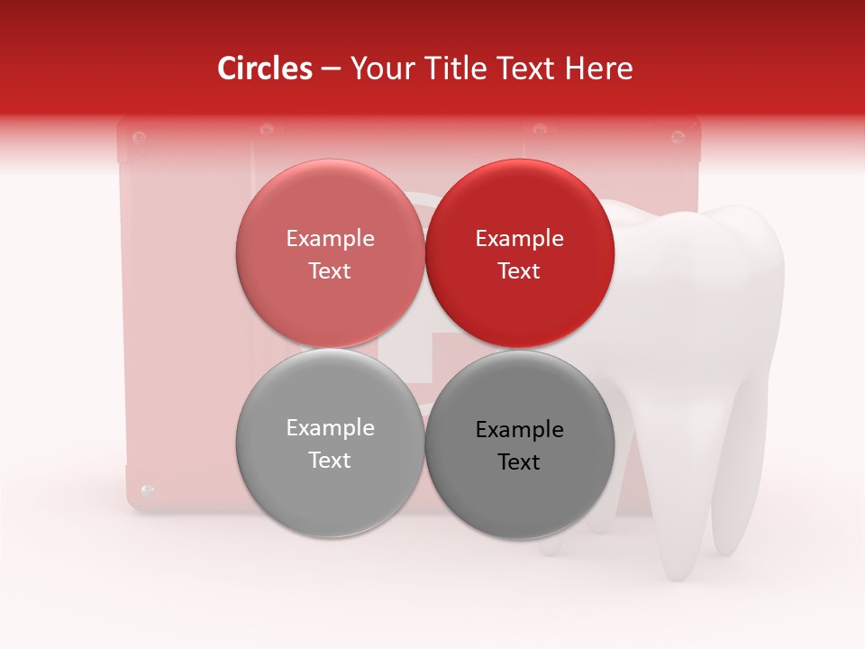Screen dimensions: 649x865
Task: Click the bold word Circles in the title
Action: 264,69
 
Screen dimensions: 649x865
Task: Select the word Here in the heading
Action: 599,69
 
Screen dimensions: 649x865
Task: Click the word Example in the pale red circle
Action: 330,239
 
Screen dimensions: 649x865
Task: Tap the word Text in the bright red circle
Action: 519,271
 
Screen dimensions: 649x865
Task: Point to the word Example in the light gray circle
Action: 330,428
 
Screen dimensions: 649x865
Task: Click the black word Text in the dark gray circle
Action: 519,462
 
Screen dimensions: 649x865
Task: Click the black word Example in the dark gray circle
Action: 519,430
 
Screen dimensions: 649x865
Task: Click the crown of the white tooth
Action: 712,270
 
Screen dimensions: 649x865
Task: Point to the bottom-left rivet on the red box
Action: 149,491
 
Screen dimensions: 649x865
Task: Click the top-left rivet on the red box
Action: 139,138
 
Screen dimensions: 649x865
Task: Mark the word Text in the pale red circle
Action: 330,271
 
